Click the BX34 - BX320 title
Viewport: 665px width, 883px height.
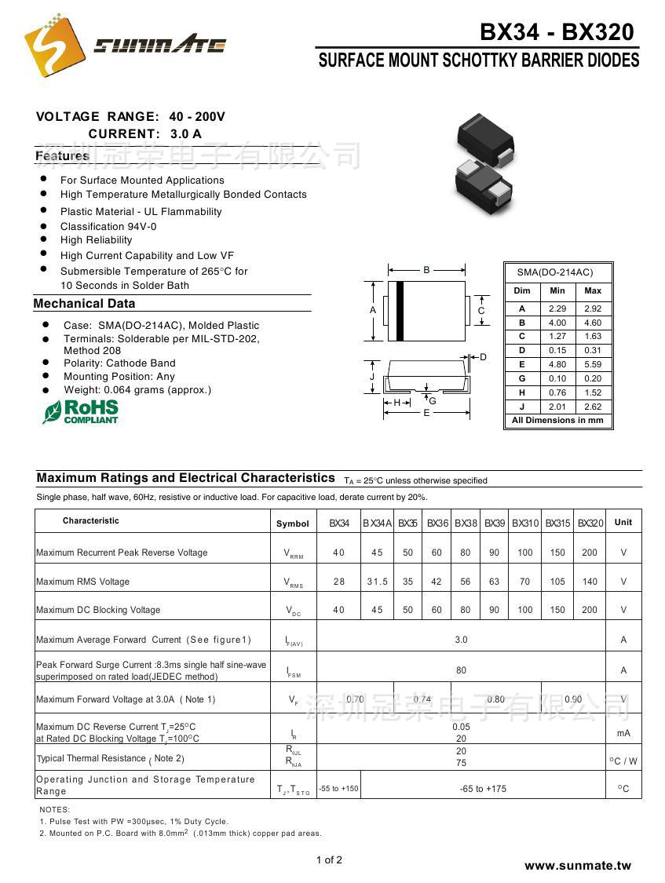pos(556,32)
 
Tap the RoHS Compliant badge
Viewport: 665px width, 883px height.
pos(81,411)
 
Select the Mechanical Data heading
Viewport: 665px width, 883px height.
pos(85,304)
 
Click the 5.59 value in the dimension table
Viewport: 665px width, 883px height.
pos(593,364)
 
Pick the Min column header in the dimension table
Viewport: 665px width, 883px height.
pos(557,290)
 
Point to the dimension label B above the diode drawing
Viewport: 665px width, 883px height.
pos(426,270)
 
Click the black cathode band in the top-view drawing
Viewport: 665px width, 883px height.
pos(400,310)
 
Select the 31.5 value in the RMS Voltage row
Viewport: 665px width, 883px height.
pos(377,582)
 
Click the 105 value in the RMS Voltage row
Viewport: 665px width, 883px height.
pos(557,582)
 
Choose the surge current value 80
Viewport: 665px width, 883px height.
pos(461,670)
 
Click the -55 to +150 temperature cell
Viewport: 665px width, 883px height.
pos(338,789)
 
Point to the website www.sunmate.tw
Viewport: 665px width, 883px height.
pos(578,866)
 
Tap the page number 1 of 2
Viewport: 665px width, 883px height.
pos(329,859)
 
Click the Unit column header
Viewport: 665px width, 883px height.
pos(623,522)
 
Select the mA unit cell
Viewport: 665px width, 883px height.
pos(623,733)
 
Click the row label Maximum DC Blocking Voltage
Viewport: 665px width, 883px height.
pos(98,610)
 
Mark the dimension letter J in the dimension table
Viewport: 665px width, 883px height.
pos(522,407)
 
